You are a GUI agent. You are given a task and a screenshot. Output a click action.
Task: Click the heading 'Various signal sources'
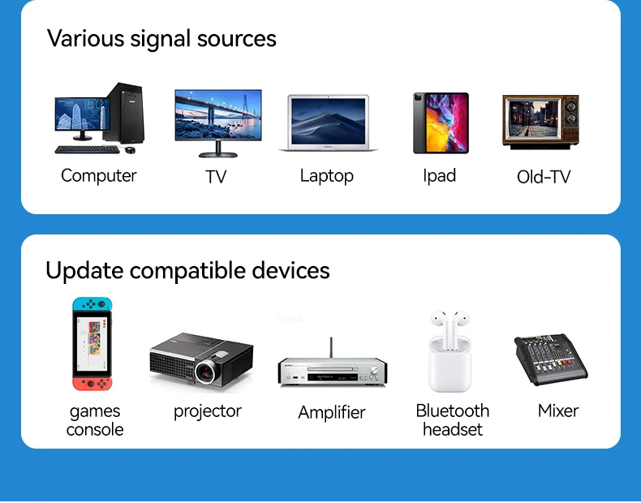pos(161,38)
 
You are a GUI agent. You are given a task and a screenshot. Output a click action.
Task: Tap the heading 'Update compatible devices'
pos(187,270)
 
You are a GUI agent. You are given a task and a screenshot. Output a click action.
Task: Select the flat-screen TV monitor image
pos(217,118)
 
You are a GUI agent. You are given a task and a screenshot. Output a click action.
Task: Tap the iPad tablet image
pos(441,123)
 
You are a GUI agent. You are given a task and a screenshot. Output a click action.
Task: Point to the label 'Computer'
pos(99,175)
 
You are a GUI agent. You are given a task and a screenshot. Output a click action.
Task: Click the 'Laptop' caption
pos(327,176)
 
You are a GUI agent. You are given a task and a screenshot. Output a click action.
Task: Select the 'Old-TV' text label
pos(544,177)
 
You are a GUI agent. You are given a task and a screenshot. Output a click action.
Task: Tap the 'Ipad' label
pos(440,176)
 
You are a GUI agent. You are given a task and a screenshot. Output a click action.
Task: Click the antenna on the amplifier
pos(331,347)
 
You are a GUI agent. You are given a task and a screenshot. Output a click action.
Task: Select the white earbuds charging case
pos(450,366)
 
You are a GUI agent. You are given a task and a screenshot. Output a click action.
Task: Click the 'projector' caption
pos(207,411)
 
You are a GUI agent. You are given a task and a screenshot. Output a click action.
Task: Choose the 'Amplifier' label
pos(331,412)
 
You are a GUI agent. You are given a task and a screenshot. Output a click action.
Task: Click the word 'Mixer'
pos(558,411)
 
